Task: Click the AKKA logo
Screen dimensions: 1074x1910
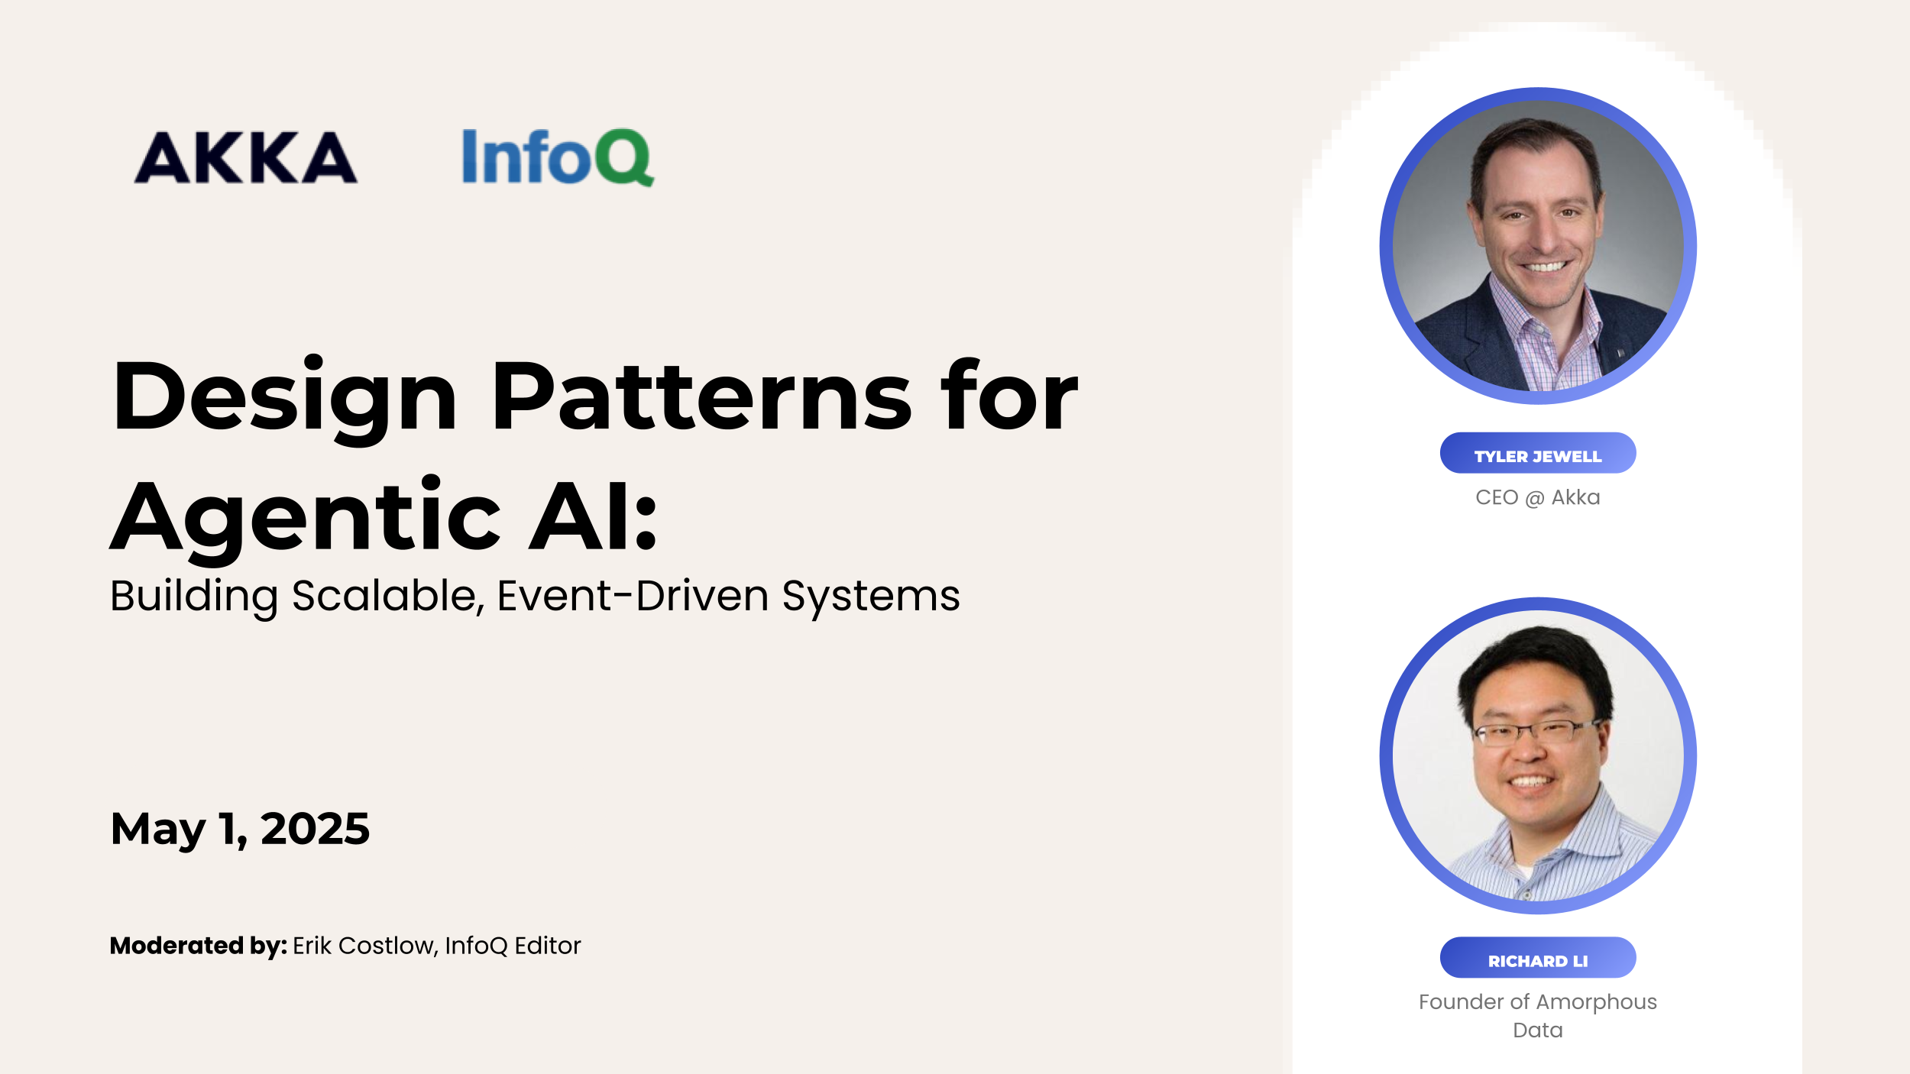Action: coord(245,157)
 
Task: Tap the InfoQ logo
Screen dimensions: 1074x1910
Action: coord(558,157)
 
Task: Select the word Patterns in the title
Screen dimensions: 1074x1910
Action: coord(701,397)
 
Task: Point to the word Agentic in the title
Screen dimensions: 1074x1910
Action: coord(306,518)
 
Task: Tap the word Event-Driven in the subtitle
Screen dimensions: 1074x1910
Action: coord(633,596)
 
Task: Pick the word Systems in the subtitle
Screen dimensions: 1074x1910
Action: coord(870,596)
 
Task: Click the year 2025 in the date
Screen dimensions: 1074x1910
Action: coord(315,829)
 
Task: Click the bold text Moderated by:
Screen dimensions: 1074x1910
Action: coord(198,946)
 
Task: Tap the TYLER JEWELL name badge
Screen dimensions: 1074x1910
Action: coord(1537,456)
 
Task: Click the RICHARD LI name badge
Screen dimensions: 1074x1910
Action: coord(1537,961)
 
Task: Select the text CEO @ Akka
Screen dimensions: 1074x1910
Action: coord(1537,497)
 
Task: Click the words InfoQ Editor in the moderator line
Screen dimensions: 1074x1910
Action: coord(513,946)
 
